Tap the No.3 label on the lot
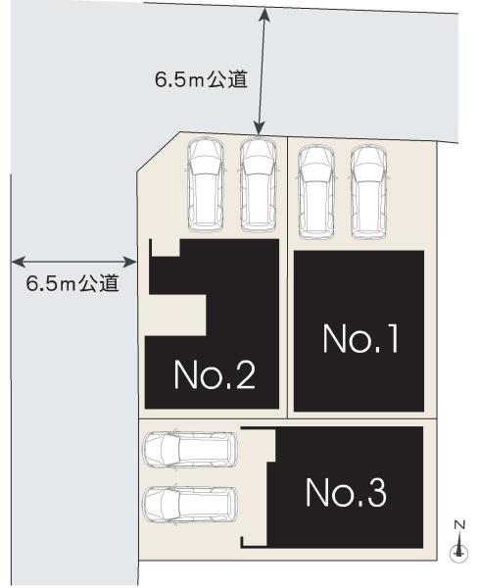tap(345, 492)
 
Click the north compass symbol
tap(457, 553)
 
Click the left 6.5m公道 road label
tap(72, 284)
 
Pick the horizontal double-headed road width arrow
tap(74, 263)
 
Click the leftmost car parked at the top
tap(206, 183)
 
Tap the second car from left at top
tap(258, 183)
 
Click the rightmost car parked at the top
tap(367, 191)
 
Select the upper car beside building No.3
tap(190, 450)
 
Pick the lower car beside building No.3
tap(190, 505)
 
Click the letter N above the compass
tap(457, 526)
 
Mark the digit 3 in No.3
tap(373, 492)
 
